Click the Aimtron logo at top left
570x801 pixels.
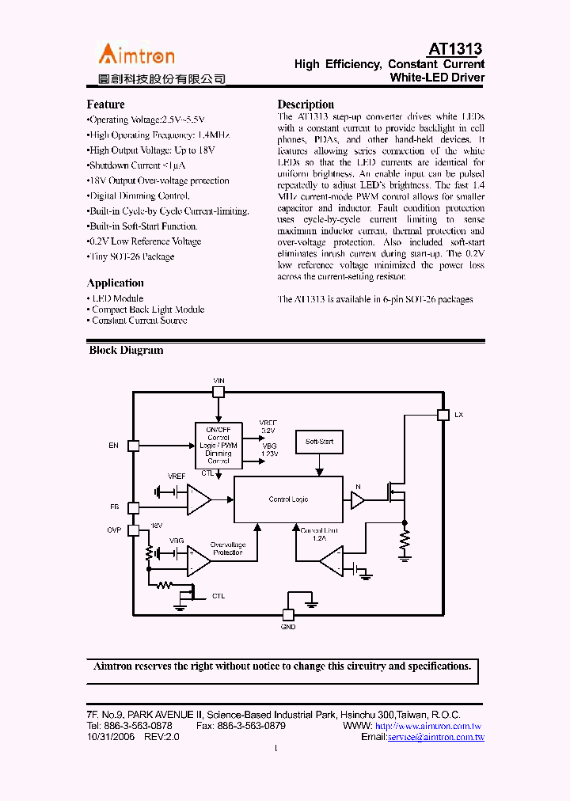pos(136,54)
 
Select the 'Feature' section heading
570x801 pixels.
pos(105,104)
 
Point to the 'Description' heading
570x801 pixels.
pos(306,104)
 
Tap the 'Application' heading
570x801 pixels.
pos(115,283)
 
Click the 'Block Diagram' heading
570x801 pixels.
pos(126,350)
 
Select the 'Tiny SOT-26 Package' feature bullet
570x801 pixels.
pos(131,256)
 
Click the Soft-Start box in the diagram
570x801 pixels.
pos(319,442)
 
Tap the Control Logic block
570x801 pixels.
pos(288,499)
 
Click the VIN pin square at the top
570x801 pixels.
pos(219,390)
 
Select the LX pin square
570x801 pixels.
pos(443,414)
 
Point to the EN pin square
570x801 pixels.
pos(133,446)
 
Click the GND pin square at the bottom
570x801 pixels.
pos(288,614)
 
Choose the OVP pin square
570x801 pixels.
pos(133,530)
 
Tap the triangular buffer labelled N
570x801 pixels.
pos(357,500)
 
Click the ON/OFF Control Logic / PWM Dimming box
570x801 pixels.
pos(218,446)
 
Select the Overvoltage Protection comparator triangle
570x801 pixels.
pos(198,560)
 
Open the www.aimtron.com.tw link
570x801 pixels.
pos(428,726)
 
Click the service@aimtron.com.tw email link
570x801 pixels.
pos(435,737)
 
